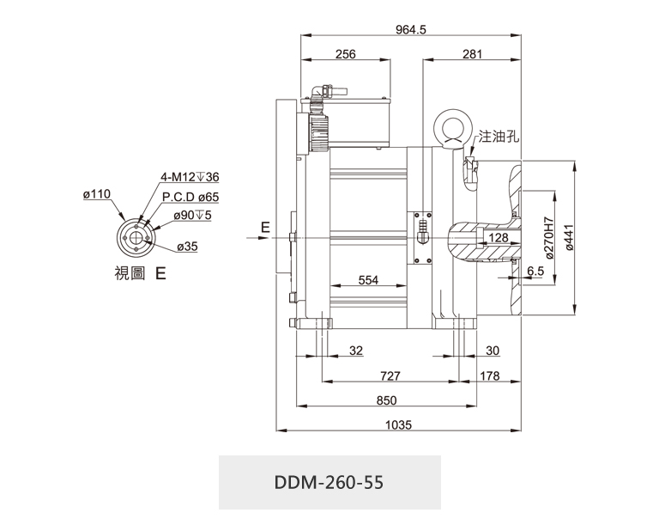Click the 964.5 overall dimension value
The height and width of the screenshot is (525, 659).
[411, 29]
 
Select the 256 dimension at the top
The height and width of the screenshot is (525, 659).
[345, 54]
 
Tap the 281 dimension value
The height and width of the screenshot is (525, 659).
[472, 54]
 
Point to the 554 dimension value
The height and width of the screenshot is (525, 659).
[368, 280]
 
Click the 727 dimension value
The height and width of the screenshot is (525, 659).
[390, 375]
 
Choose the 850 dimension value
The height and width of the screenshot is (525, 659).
[387, 400]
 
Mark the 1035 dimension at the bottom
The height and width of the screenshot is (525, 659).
[400, 424]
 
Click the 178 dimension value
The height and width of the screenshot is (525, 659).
[490, 375]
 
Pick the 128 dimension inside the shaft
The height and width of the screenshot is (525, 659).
[498, 237]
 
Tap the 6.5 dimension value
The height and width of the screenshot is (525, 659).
[535, 271]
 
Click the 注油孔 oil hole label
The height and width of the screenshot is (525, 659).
[500, 136]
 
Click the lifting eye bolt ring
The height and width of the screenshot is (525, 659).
[452, 128]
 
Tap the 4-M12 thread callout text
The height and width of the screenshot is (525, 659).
[190, 177]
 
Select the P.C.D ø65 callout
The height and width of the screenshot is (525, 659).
[190, 197]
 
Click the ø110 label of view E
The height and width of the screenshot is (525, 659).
[97, 195]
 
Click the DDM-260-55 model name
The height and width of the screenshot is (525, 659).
[329, 481]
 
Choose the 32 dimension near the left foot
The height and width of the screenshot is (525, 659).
[357, 351]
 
